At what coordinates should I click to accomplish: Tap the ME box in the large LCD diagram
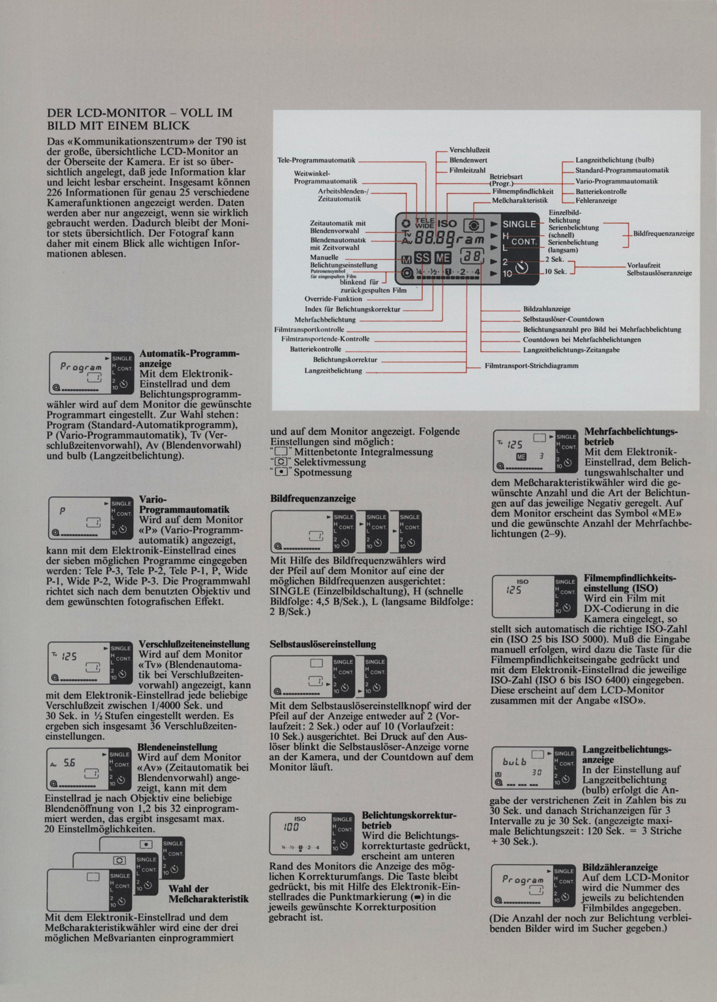(443, 258)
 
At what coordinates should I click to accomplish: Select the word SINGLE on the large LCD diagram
(519, 224)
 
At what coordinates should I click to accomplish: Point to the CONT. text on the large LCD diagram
(524, 242)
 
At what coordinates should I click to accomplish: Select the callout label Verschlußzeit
(469, 150)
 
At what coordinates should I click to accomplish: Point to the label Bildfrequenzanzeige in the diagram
(663, 233)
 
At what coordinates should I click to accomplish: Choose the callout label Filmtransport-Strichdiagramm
(531, 365)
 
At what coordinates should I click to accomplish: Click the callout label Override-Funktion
(333, 299)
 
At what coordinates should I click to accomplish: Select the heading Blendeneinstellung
(177, 747)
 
